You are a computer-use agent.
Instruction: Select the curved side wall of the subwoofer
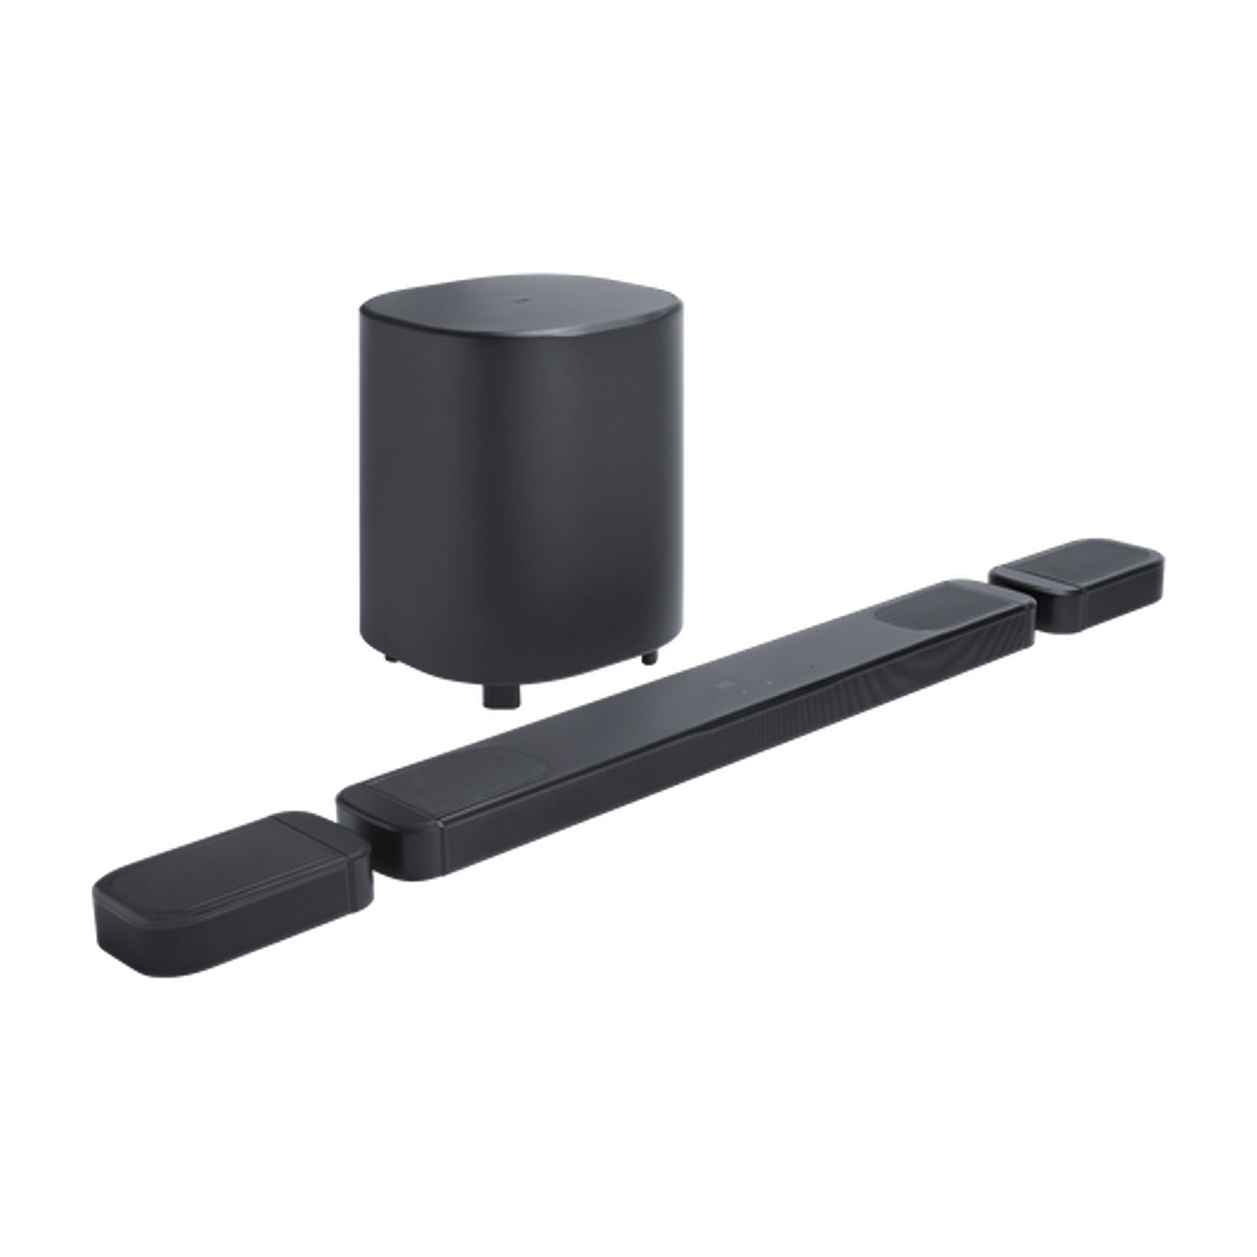pyautogui.click(x=520, y=503)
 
